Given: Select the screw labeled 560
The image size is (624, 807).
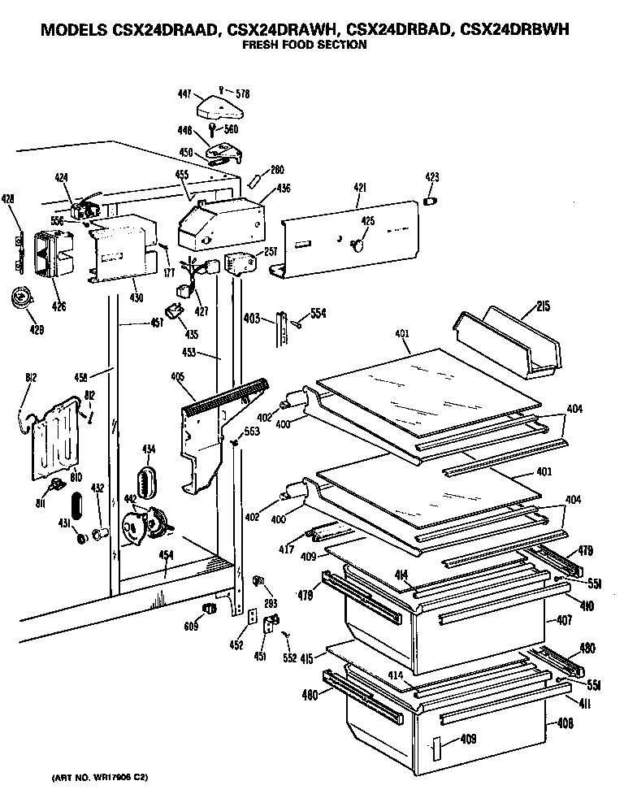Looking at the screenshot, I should coord(214,131).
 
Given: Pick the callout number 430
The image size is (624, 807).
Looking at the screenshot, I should coord(136,297).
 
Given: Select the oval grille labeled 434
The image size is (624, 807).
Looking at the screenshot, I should coord(147,480).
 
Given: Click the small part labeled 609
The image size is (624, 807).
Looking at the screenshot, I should coord(210,610).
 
